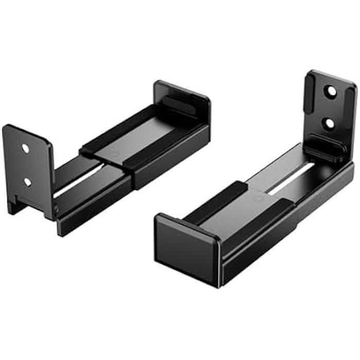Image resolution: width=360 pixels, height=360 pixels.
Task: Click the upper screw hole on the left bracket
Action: pos(25,148)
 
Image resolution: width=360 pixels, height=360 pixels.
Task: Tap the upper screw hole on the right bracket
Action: pos(331,91)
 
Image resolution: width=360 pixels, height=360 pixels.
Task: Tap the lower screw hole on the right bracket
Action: pos(331,123)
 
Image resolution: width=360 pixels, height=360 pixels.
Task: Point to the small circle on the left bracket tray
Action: pos(114,154)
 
